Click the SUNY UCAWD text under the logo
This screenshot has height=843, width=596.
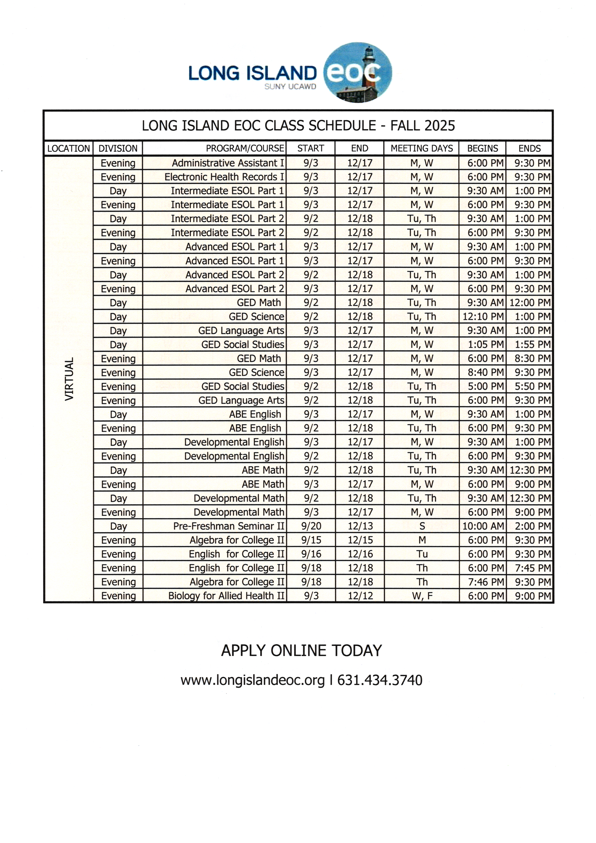[x=290, y=87]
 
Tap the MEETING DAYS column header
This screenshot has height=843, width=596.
[x=422, y=148]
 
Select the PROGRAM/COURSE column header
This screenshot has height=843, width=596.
[x=245, y=148]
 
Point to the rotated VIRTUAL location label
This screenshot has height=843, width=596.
[x=69, y=379]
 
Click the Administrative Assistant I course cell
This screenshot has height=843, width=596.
[x=228, y=163]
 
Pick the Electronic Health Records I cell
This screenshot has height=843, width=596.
[x=224, y=177]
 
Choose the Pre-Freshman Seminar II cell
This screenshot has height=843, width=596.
[x=229, y=526]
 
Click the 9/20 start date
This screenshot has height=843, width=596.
[x=311, y=526]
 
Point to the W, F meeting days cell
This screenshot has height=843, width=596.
[x=422, y=596]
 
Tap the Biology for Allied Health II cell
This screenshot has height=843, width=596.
[x=226, y=596]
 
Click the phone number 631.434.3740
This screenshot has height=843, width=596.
[x=380, y=680]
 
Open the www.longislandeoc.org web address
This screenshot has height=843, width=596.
[x=253, y=680]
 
